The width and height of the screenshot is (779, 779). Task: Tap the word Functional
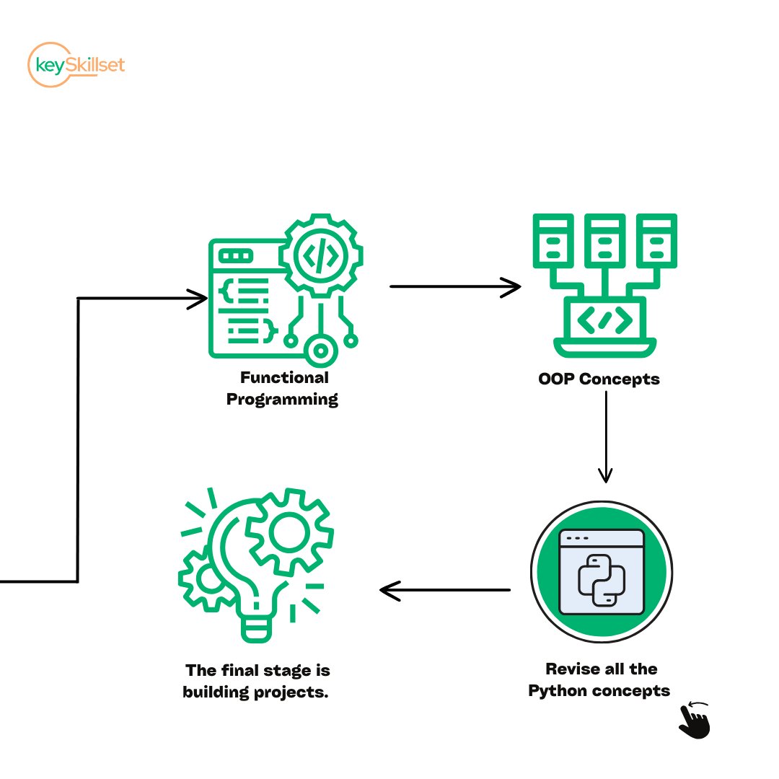pos(284,377)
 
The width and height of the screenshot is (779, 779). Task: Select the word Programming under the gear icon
pos(282,399)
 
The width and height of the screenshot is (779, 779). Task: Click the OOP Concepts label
pos(599,379)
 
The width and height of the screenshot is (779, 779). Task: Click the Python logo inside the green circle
pos(602,579)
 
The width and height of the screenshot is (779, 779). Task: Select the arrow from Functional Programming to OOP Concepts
pos(454,286)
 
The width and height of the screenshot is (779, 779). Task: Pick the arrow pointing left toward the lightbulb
pos(444,591)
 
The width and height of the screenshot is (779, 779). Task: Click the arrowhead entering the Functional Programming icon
pos(197,298)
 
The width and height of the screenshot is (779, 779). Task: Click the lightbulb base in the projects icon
pos(258,628)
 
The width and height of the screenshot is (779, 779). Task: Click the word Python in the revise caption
pos(558,690)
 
